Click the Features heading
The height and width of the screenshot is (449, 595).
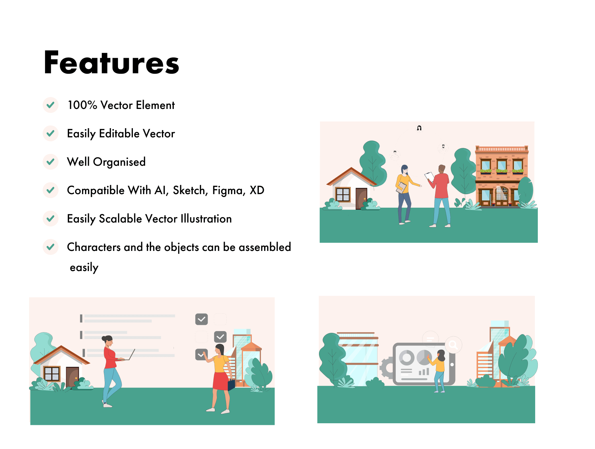click(x=111, y=62)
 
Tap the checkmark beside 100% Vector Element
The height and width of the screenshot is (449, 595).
click(x=51, y=105)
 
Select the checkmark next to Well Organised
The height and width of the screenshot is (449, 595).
click(x=51, y=162)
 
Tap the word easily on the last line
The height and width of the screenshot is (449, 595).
click(x=84, y=267)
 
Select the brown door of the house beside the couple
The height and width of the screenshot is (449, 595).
click(x=361, y=198)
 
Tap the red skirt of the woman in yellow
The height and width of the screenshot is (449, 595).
click(x=221, y=381)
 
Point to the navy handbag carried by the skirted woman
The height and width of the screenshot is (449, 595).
click(x=231, y=384)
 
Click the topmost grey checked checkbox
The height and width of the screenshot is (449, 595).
click(x=202, y=319)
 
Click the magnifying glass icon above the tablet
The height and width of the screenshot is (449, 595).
click(x=453, y=345)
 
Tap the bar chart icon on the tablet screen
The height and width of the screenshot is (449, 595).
click(x=424, y=372)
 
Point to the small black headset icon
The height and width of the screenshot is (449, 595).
click(x=419, y=128)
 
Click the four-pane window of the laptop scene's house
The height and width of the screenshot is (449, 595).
click(x=52, y=374)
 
